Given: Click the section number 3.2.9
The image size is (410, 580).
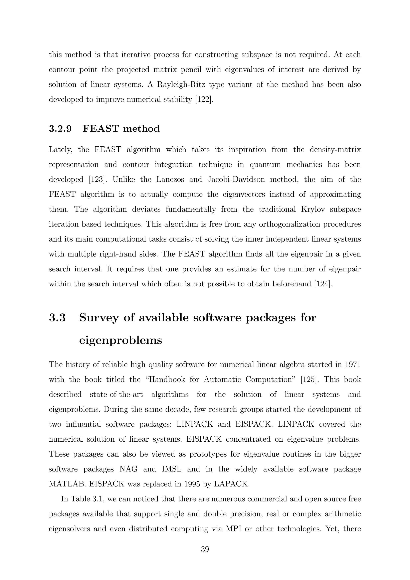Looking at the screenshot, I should (60, 129).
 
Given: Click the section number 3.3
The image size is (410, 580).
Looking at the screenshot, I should (57, 317).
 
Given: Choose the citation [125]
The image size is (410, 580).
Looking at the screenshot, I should (309, 380).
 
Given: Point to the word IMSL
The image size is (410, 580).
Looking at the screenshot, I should (171, 469).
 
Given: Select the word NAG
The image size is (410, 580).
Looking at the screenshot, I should (129, 469).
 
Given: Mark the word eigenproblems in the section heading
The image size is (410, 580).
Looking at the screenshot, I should (121, 340).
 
